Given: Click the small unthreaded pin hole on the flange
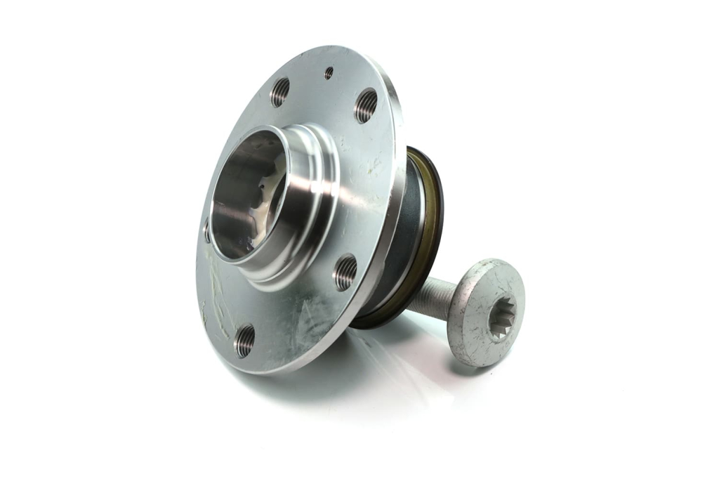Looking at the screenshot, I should [329, 72].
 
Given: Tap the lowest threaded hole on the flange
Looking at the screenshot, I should [245, 341].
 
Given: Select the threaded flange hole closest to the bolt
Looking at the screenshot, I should [345, 272].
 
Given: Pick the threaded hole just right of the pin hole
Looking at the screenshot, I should [366, 105].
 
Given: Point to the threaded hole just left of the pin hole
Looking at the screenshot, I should [280, 92].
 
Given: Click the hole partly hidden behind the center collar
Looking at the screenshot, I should [206, 230].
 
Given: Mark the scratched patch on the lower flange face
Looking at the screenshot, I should [309, 323].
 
